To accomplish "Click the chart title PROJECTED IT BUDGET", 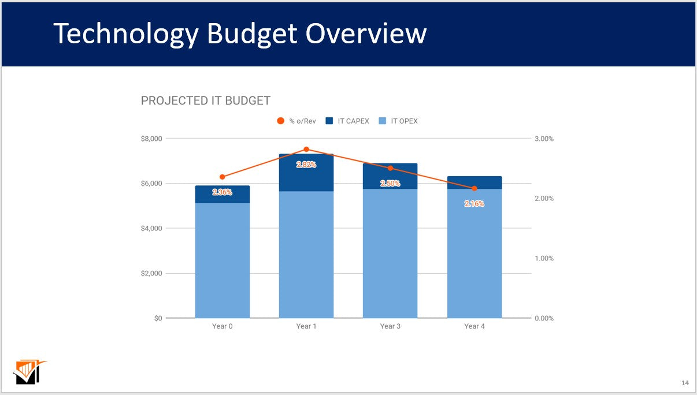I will click(x=206, y=101).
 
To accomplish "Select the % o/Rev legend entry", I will click(x=296, y=121).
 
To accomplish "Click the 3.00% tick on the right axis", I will click(x=543, y=139).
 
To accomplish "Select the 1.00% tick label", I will click(x=543, y=258).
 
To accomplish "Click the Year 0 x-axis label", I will click(x=223, y=326).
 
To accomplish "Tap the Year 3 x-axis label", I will click(x=390, y=326).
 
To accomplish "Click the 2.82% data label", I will click(x=306, y=165).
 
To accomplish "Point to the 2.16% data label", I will click(x=474, y=204).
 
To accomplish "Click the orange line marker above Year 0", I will click(x=223, y=177).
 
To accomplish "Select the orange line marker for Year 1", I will click(x=306, y=150).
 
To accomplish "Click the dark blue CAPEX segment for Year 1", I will click(x=306, y=179).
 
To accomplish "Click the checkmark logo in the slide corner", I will click(x=29, y=372).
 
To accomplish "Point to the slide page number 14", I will click(x=685, y=383).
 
